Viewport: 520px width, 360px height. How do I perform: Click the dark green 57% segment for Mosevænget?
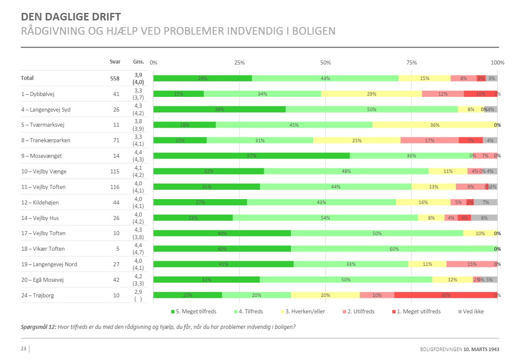point(251,156)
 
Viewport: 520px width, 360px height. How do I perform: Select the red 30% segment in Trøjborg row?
point(446,295)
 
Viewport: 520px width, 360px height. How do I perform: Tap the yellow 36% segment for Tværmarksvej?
point(435,125)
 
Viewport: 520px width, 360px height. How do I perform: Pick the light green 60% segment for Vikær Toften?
point(394,249)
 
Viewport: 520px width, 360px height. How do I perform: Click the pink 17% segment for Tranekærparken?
point(429,140)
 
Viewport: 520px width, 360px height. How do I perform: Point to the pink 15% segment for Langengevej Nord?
point(472,264)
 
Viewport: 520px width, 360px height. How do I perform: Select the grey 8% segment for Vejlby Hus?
point(484,218)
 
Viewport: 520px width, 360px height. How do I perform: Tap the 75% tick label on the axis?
point(411,63)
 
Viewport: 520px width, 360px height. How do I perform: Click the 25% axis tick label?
point(239,63)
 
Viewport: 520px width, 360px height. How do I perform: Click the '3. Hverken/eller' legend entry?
point(306,312)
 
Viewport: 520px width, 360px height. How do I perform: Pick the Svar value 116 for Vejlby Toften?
point(115,187)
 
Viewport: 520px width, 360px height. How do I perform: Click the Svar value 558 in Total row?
point(115,78)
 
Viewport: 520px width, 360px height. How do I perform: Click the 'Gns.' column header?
point(138,62)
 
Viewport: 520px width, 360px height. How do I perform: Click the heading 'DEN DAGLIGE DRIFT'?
point(71,17)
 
